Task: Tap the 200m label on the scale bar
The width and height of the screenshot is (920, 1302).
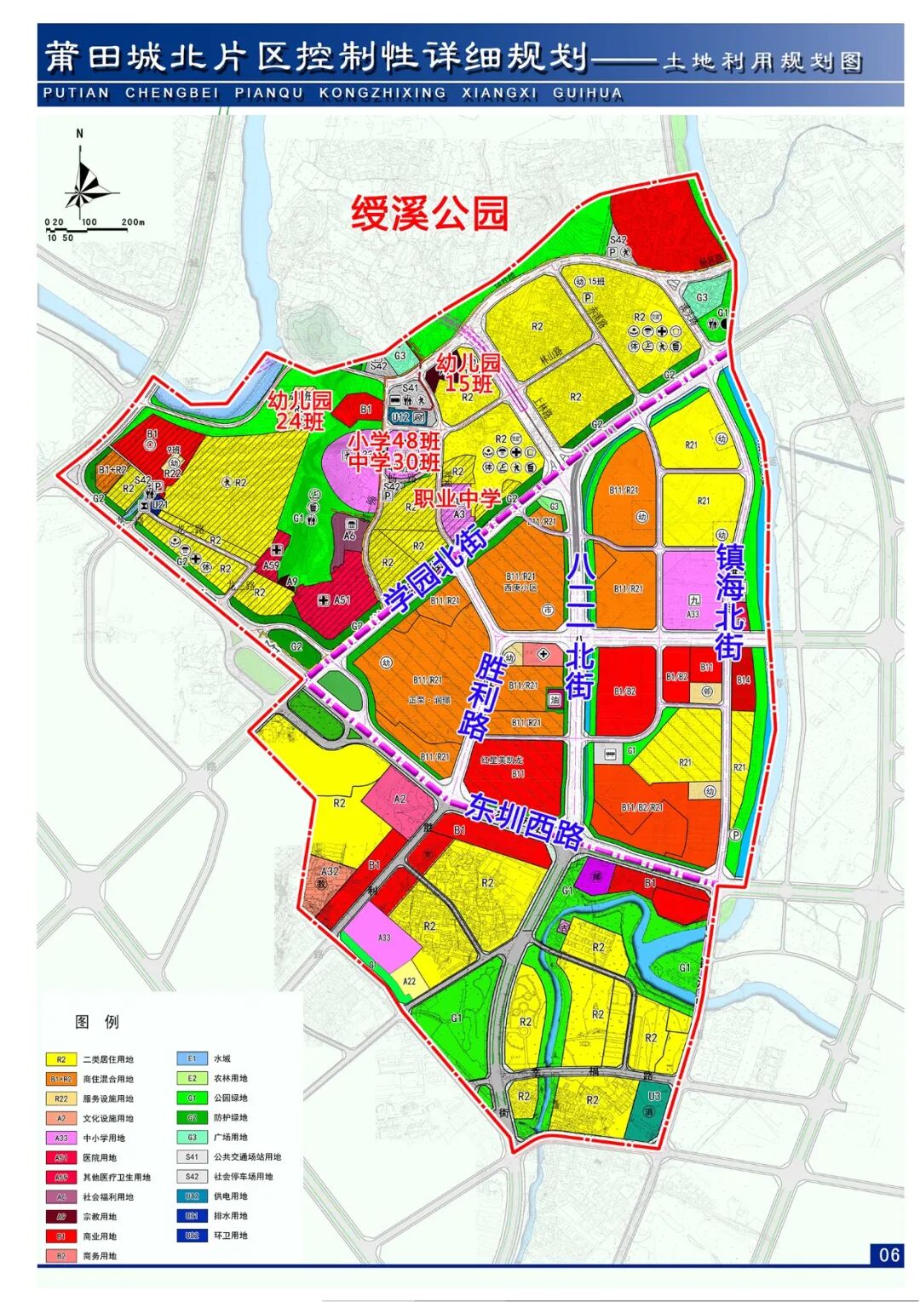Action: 133,222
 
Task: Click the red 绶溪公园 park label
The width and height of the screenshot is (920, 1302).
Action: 429,214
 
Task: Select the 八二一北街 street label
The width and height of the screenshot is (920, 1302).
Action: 580,626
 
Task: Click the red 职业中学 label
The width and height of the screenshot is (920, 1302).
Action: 457,498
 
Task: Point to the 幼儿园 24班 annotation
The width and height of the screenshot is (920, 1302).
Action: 298,410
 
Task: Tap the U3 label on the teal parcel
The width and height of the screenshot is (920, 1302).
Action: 654,1096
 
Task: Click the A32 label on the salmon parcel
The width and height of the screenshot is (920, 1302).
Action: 330,871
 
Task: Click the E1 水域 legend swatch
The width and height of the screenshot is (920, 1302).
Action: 192,1058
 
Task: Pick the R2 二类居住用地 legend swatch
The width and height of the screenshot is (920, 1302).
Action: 60,1059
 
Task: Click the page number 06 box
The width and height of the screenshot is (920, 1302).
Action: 888,1254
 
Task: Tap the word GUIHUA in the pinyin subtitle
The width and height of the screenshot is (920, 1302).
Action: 588,94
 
